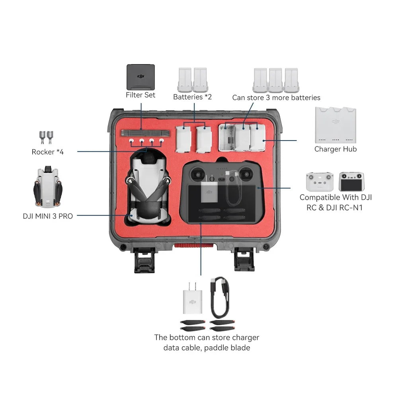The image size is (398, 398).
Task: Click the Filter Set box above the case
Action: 140,77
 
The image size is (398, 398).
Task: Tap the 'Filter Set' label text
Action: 140,95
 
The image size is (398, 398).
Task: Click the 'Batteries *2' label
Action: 192,97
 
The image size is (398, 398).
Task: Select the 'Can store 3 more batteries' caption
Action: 276,98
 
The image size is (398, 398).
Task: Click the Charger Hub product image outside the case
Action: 336,125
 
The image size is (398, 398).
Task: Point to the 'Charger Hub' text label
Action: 336,149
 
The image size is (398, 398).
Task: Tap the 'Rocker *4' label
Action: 47,152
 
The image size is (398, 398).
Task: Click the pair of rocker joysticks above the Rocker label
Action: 47,137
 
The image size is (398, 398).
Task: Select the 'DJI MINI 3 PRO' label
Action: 48,217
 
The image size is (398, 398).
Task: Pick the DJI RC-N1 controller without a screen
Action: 319,181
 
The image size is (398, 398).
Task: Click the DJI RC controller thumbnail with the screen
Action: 352,182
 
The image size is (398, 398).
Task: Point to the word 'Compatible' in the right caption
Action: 320,197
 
